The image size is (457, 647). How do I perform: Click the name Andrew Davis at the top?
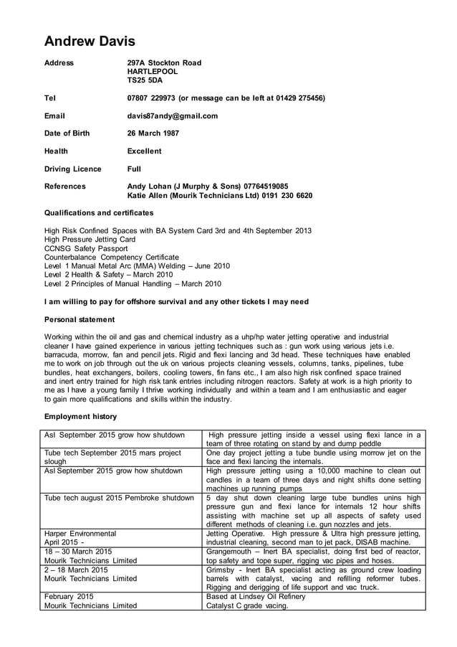click(x=90, y=41)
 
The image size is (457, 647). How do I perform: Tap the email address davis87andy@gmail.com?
click(x=172, y=115)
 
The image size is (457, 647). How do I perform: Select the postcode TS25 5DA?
click(x=145, y=80)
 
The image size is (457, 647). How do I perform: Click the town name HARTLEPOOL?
click(x=153, y=72)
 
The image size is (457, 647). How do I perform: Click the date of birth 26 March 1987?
click(x=153, y=133)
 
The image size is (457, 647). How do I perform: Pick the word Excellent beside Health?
click(x=144, y=151)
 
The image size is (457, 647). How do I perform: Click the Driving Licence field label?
click(x=72, y=169)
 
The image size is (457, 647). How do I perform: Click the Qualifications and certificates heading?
click(x=99, y=213)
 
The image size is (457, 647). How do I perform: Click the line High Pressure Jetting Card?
click(x=90, y=239)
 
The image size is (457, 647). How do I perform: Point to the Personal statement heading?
click(x=79, y=319)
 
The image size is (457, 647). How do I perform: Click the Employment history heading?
click(x=80, y=416)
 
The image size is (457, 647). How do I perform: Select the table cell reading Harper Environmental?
click(x=80, y=534)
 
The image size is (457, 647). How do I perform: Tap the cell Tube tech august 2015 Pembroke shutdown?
click(x=119, y=497)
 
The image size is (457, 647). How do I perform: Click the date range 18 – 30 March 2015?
click(x=78, y=552)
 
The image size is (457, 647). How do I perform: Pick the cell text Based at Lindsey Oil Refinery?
click(x=255, y=596)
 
